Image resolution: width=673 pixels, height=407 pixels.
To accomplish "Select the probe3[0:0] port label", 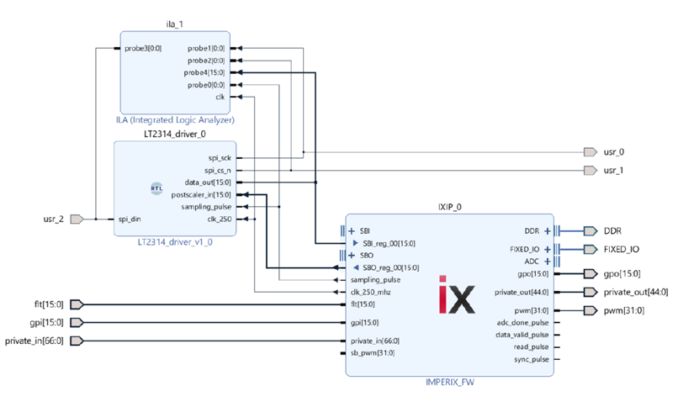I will (142, 48).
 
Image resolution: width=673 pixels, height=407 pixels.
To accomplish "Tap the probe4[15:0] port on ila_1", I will (207, 73).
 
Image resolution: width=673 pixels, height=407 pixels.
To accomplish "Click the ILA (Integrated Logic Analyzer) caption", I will (175, 120).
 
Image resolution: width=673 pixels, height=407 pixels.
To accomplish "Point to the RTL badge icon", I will (156, 188).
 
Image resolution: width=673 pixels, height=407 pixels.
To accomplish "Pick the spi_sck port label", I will (220, 157).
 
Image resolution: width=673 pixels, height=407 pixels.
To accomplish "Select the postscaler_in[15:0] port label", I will (201, 194).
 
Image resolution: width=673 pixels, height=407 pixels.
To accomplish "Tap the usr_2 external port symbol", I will (76, 219).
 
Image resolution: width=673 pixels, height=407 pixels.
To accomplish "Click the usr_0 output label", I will (615, 152).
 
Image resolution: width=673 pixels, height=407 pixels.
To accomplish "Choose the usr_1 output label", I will (615, 171).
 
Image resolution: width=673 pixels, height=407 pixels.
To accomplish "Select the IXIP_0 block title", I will (449, 204).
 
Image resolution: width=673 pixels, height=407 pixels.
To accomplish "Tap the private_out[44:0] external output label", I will (636, 292).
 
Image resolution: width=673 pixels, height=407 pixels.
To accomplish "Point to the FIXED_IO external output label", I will (621, 249).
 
